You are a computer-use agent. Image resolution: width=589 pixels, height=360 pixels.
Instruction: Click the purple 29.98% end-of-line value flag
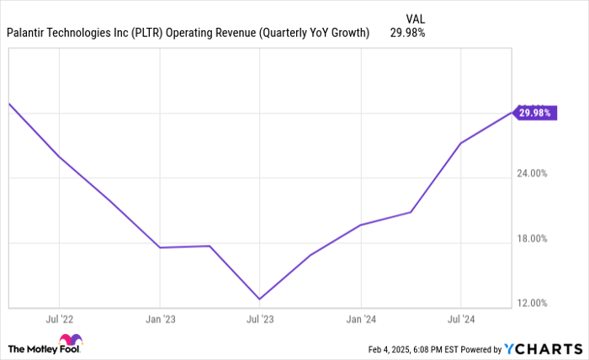point(534,113)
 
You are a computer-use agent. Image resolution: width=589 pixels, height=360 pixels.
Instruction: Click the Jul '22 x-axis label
point(59,320)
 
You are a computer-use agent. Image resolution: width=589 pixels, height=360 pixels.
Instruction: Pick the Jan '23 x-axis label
point(159,320)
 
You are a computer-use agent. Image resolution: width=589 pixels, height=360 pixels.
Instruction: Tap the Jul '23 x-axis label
point(259,320)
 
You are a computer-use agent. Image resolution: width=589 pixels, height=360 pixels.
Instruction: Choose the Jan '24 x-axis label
point(360,320)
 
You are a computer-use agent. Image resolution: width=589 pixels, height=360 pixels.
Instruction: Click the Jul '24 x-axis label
point(460,320)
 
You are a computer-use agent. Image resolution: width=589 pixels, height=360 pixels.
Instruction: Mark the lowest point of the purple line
point(259,299)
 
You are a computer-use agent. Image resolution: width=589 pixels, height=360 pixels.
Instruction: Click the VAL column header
point(415,19)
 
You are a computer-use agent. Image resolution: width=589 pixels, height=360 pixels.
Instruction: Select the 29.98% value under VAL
point(408,34)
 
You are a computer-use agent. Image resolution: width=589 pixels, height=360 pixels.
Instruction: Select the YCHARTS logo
point(547,348)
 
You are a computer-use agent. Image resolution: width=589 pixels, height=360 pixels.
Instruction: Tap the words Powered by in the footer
point(475,348)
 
